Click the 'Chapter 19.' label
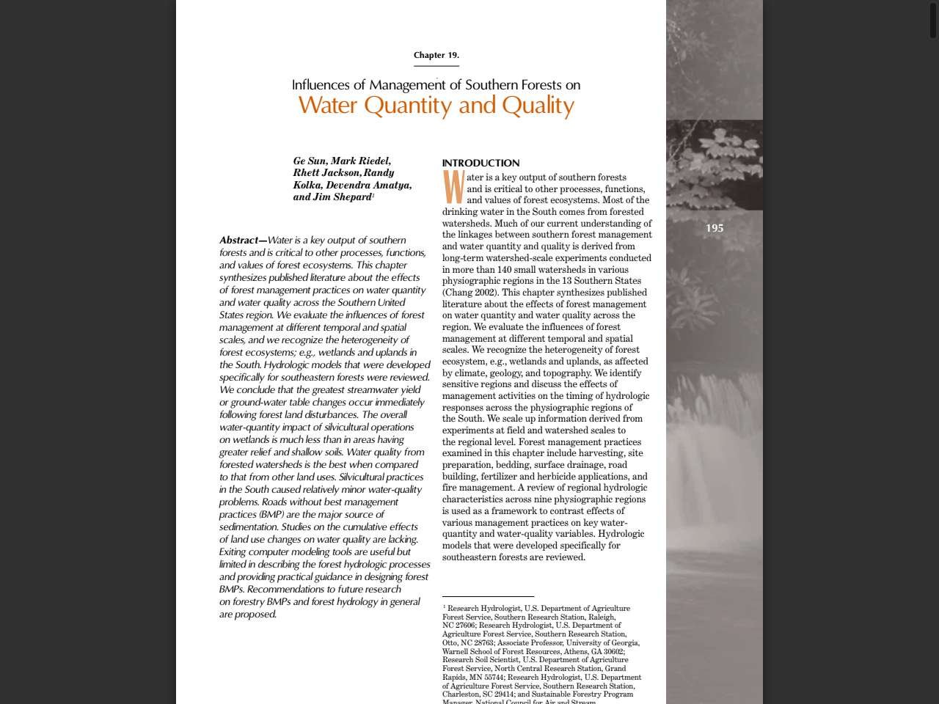(x=436, y=55)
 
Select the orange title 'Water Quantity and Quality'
(x=436, y=106)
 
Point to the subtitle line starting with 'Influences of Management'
(x=436, y=85)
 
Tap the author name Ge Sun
(x=309, y=161)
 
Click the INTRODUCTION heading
(x=481, y=163)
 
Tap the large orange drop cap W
(x=453, y=188)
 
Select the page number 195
(x=714, y=228)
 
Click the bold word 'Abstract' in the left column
(x=239, y=241)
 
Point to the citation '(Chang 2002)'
(x=469, y=293)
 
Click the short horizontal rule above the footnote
(x=488, y=597)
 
